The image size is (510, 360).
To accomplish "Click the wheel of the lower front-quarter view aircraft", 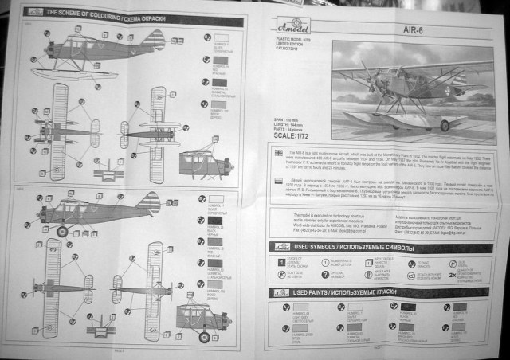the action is [203, 336].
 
